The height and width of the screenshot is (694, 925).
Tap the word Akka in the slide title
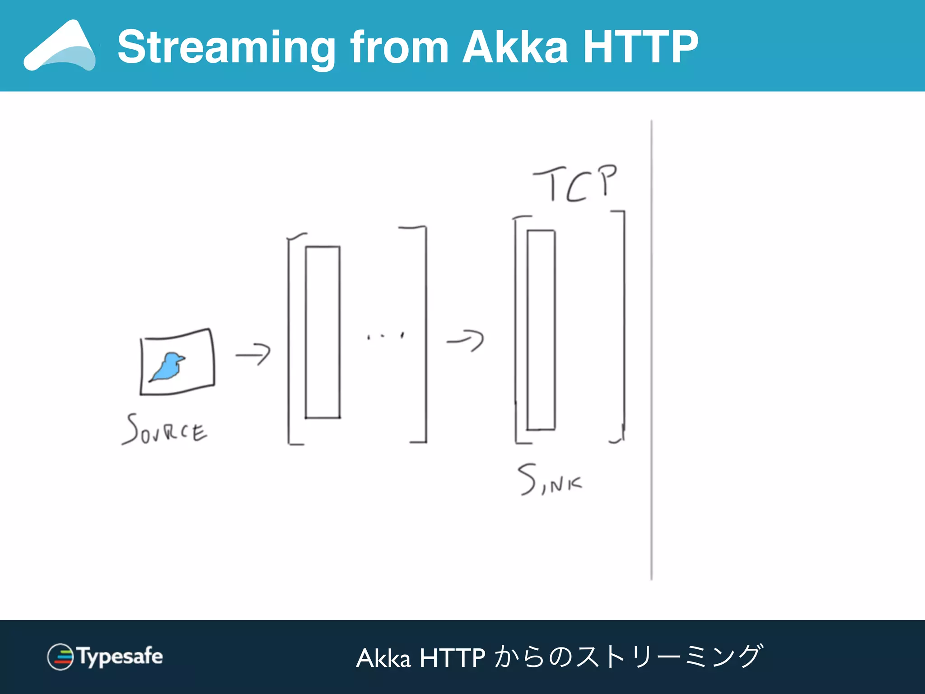(x=515, y=47)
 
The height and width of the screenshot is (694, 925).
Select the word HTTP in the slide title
(x=640, y=47)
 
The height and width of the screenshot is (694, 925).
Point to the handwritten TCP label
(x=576, y=183)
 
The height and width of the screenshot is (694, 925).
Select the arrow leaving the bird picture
(x=253, y=355)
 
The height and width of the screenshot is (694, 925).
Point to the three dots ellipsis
(x=385, y=336)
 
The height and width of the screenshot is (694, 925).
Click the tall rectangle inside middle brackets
(x=322, y=332)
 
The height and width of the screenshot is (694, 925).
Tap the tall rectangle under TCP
(x=541, y=330)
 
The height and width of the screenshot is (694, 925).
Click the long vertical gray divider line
(x=651, y=350)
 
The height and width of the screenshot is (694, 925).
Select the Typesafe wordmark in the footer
(x=120, y=656)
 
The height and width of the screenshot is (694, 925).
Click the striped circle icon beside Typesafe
(x=60, y=656)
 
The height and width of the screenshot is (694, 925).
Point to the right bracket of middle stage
(x=425, y=334)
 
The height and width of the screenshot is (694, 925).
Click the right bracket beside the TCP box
(x=624, y=325)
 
